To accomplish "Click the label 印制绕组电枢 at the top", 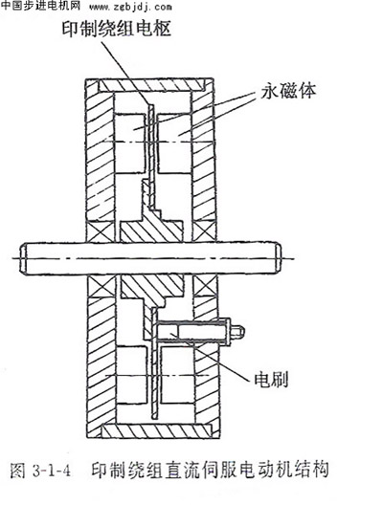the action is coord(117,29).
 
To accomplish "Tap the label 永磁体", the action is coord(288,91).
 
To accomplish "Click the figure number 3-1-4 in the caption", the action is coord(52,472).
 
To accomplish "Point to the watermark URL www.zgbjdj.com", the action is coord(130,7).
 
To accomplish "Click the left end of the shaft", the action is coord(22,259).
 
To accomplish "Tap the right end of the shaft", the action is coord(279,259).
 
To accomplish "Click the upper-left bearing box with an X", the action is coord(100,231).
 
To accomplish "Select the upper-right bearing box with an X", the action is coord(204,231).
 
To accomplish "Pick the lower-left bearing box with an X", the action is coord(101,286).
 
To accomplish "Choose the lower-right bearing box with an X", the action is coord(206,286).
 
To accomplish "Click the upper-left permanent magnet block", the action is coord(129,143).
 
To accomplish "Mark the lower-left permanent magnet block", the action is coord(131,376).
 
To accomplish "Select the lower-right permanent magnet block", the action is coord(177,376).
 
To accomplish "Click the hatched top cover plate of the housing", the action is coord(151,85).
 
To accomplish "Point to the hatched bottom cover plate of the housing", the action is coord(156,431).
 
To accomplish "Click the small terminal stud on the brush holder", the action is coord(237,332).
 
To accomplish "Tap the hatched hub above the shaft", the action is coord(150,227).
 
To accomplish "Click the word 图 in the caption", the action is coord(18,471).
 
